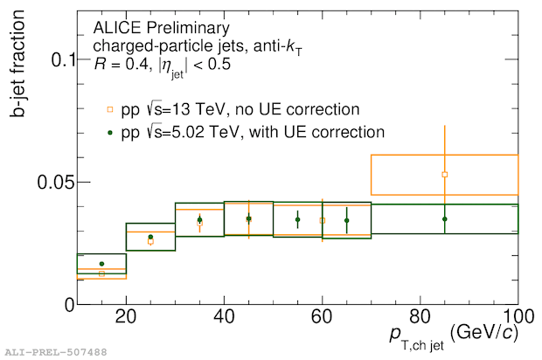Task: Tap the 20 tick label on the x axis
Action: point(126,316)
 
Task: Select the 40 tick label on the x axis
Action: point(224,316)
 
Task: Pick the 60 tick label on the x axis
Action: point(322,316)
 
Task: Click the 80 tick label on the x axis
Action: point(420,316)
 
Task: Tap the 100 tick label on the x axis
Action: point(516,316)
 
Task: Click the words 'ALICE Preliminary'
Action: point(154,27)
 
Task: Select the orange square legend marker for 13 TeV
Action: point(109,109)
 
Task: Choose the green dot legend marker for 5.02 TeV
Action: point(109,133)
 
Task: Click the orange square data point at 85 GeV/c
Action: point(445,175)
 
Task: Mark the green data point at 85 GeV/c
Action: point(445,218)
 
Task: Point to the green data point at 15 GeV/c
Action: point(101,264)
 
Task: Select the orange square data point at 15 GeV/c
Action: point(101,273)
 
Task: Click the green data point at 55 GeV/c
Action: point(297,219)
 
